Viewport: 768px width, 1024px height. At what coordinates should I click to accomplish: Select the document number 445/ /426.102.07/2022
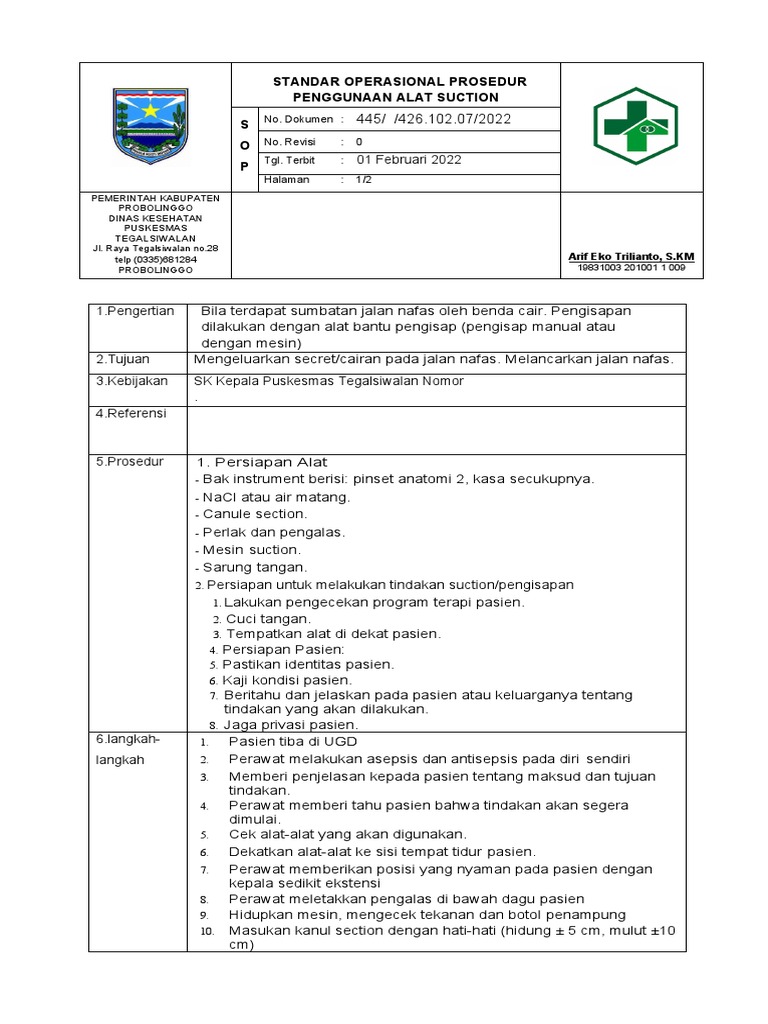pyautogui.click(x=433, y=120)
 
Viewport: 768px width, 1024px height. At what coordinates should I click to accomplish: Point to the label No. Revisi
pyautogui.click(x=289, y=142)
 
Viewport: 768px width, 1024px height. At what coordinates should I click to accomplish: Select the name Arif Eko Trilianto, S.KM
pyautogui.click(x=630, y=257)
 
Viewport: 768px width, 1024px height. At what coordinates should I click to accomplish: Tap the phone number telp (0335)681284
pyautogui.click(x=155, y=260)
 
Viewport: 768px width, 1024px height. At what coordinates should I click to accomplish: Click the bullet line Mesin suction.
pyautogui.click(x=251, y=550)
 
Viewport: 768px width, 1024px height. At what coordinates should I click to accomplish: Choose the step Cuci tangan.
pyautogui.click(x=261, y=619)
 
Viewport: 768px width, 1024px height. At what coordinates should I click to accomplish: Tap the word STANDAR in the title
pyautogui.click(x=306, y=81)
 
